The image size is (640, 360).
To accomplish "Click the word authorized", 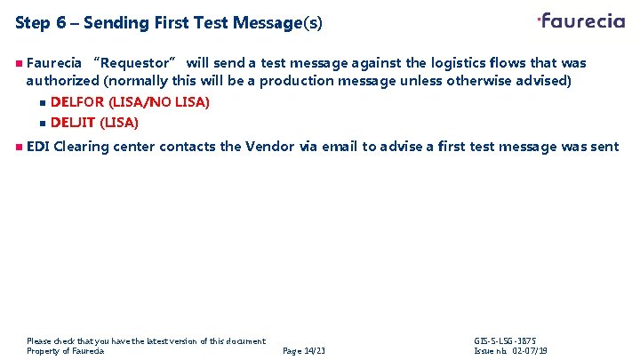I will coord(63,81).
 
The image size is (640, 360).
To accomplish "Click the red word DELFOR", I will coord(77,102).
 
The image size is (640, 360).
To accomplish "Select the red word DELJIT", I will coord(73,122).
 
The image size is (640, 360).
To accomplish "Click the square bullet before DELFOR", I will coord(42,103).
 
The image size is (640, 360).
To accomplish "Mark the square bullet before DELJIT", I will coord(42,123).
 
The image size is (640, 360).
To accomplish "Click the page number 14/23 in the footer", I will coord(304,351).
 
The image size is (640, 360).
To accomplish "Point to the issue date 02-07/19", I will coord(530,351).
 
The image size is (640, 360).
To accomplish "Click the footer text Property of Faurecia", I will coord(66,351).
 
